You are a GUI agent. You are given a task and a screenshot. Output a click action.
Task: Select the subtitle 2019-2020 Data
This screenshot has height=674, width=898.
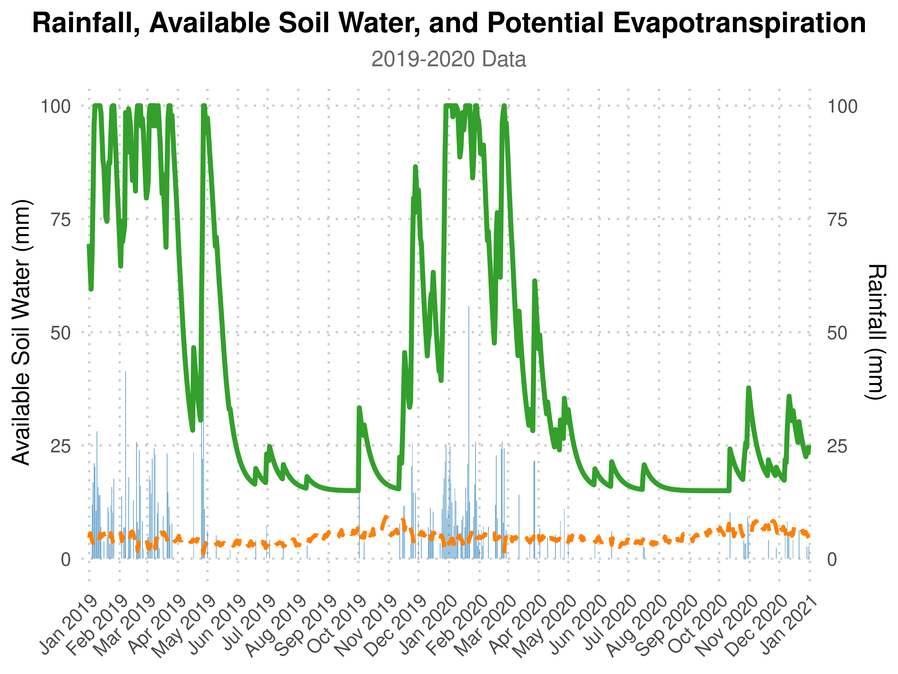click(x=449, y=59)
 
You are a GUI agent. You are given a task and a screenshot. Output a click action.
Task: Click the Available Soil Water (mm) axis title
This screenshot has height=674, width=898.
click(x=21, y=332)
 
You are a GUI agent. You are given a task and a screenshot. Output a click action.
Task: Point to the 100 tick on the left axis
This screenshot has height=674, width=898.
click(x=56, y=106)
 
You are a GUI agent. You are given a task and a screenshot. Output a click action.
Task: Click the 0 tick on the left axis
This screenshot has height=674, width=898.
click(x=66, y=559)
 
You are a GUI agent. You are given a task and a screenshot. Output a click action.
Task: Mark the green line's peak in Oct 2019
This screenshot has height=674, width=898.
click(x=359, y=407)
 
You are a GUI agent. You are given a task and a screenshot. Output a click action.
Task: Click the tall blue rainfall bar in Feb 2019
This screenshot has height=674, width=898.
click(x=125, y=447)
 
